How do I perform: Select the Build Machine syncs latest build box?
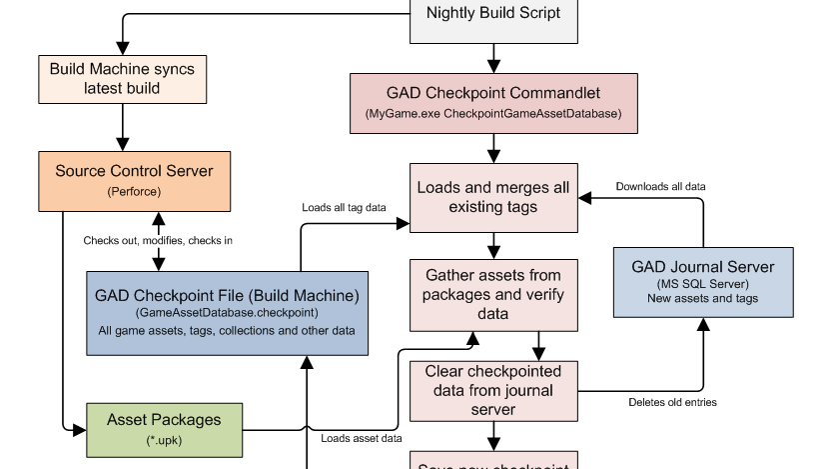[x=123, y=78]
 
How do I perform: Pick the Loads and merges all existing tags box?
[x=492, y=197]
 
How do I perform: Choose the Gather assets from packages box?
[x=492, y=294]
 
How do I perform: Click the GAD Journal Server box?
[x=703, y=283]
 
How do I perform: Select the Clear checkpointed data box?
[x=492, y=390]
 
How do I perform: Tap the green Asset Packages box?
[x=164, y=429]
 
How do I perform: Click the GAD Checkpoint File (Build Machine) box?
[x=227, y=312]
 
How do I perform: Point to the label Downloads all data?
[x=662, y=186]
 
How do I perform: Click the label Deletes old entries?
[x=674, y=402]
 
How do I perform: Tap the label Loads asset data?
[x=362, y=438]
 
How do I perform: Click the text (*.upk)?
[x=164, y=440]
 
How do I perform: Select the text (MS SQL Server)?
[x=703, y=284]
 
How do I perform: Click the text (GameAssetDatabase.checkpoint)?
[x=227, y=313]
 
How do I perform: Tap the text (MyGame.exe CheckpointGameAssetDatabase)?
[x=493, y=115]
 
